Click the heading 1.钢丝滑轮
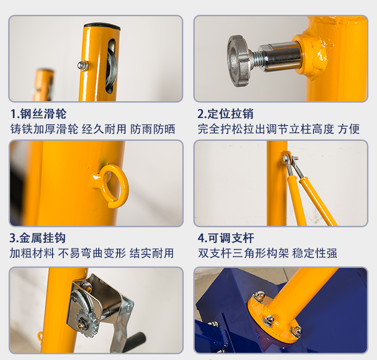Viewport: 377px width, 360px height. coord(38,114)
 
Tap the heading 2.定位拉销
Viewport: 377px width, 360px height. coord(225,114)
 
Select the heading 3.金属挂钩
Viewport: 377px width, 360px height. coord(37,238)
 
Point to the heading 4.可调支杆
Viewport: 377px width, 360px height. coord(226,238)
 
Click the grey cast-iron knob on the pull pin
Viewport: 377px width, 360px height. coord(239,61)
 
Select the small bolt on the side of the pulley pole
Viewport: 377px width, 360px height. coord(83,66)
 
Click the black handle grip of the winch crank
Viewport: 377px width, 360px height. coord(136,341)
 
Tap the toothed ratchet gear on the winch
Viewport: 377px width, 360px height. coord(88,322)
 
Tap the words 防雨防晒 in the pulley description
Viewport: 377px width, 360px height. coord(153,129)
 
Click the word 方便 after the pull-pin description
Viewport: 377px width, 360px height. coord(349,129)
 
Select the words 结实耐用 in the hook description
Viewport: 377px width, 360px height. coord(152,253)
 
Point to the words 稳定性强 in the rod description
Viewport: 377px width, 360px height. coord(315,253)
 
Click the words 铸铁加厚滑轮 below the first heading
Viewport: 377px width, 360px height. coord(44,129)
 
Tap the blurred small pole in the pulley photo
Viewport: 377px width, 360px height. coord(43,85)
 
